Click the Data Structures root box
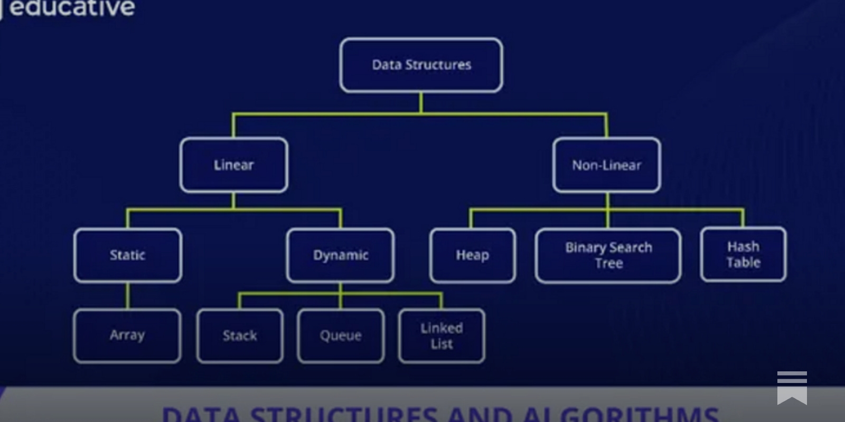tap(421, 65)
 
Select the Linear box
tap(233, 165)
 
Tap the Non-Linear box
tap(606, 165)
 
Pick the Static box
tap(128, 255)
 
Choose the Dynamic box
tap(340, 255)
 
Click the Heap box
tap(472, 255)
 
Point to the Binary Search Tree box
tap(608, 255)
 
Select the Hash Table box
tap(743, 254)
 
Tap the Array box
tap(127, 335)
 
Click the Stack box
tap(240, 336)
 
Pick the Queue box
tap(341, 336)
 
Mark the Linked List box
tap(442, 336)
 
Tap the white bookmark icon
tap(792, 387)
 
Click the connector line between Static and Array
tap(127, 296)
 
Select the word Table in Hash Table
tap(743, 263)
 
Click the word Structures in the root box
tap(438, 65)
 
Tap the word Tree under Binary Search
tap(608, 263)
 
